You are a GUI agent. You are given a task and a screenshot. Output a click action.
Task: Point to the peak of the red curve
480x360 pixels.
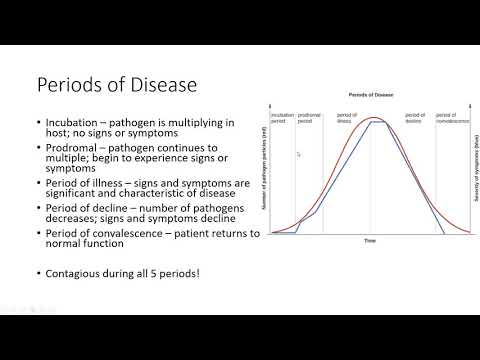point(373,118)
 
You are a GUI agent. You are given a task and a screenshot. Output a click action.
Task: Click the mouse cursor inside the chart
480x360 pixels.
point(299,153)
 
